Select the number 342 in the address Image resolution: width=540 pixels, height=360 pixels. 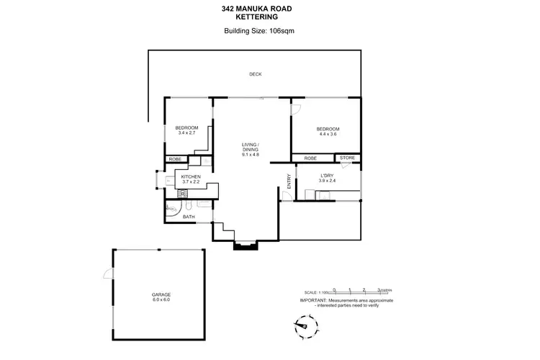point(230,9)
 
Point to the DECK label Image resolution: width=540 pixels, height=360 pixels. point(255,74)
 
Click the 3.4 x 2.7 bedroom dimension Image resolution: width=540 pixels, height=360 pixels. point(186,133)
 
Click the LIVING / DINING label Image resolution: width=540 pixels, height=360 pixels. point(250,148)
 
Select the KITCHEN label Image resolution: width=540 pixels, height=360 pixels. point(190,176)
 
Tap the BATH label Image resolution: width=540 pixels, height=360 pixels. point(189,216)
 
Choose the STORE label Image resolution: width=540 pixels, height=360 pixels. point(348,158)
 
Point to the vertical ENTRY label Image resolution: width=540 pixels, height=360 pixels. point(289,181)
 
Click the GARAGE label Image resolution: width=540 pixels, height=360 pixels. point(161,294)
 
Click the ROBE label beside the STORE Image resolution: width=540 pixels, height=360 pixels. point(310,158)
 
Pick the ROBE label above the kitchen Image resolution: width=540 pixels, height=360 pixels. point(175,158)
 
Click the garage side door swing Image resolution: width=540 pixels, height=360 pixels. point(108,274)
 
